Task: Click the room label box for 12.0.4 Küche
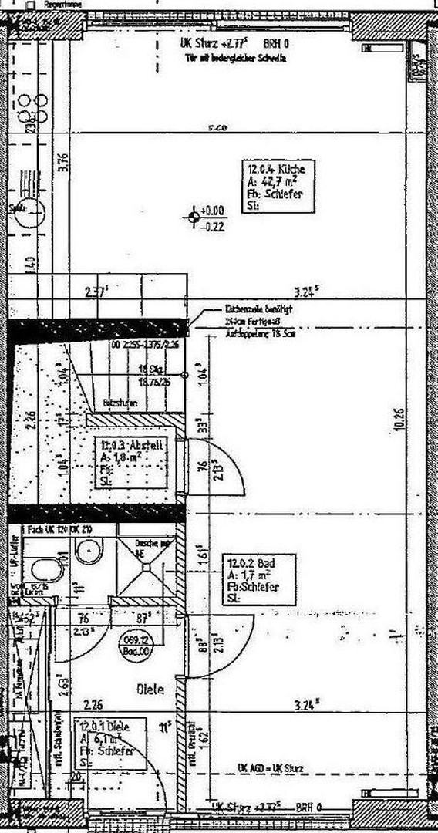280,186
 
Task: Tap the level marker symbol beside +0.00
192,217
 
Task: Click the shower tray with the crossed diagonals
144,571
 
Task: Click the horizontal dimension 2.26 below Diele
93,703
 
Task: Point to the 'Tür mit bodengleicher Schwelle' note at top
234,58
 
